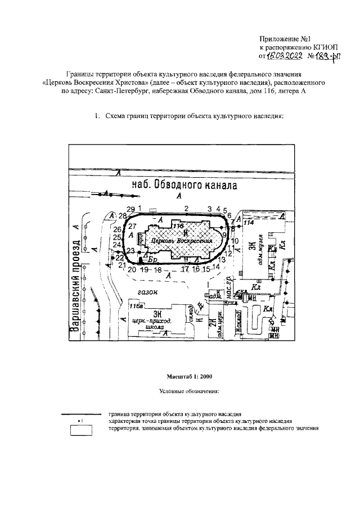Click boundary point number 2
point(186,208)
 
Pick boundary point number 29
point(130,209)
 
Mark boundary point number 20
point(132,269)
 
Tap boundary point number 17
point(186,269)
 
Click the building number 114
point(249,223)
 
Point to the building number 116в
point(136,306)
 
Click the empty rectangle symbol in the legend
point(81,431)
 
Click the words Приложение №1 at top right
point(285,39)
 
